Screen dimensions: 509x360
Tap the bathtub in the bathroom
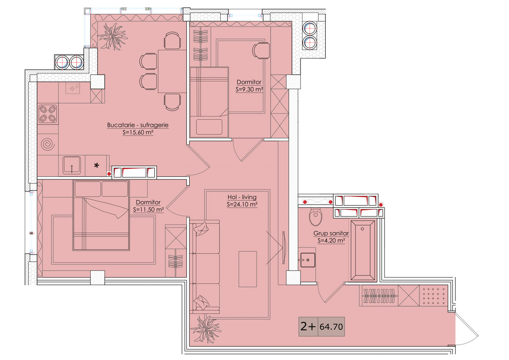coord(363,250)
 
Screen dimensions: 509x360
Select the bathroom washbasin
coord(308,260)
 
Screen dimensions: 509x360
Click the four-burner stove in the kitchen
coord(48,114)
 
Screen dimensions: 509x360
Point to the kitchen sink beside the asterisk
coord(72,165)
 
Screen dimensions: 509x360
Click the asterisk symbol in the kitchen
coord(97,165)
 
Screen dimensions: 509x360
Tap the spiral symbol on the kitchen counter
coord(48,144)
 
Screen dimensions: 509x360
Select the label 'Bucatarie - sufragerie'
coord(138,125)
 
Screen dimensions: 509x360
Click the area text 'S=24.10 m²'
coord(242,204)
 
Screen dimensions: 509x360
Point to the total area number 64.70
coord(331,327)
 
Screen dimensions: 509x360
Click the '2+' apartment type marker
coord(308,326)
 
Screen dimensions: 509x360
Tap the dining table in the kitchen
coord(172,71)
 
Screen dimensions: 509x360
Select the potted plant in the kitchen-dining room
coord(113,36)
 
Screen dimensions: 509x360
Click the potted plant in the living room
coord(206,329)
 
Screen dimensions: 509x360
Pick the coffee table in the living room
coord(247,269)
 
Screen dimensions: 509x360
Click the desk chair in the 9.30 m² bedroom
coord(261,51)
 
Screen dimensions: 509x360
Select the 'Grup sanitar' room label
coord(331,233)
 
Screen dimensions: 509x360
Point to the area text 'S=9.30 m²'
coord(249,90)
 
